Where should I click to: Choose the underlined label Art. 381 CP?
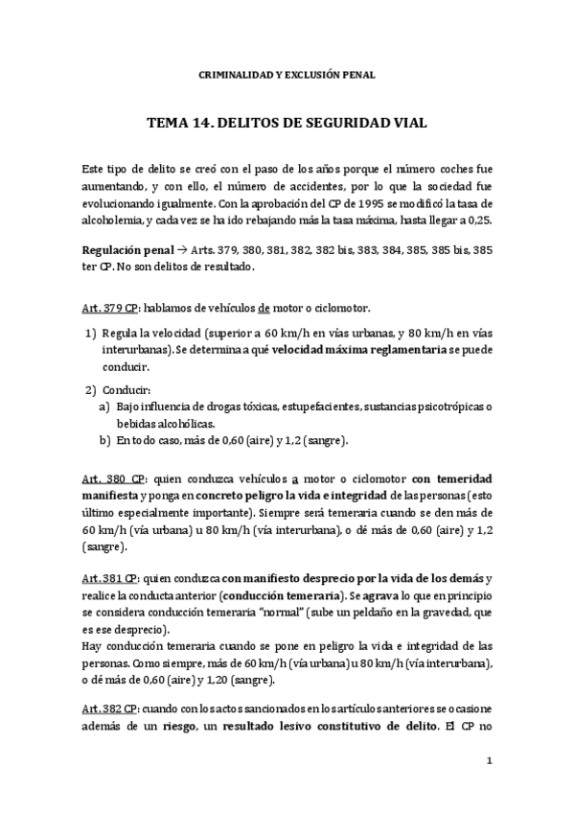[x=110, y=579]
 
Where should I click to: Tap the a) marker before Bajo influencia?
[x=103, y=407]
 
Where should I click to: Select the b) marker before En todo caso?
[x=103, y=440]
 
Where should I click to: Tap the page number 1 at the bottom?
[x=489, y=761]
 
